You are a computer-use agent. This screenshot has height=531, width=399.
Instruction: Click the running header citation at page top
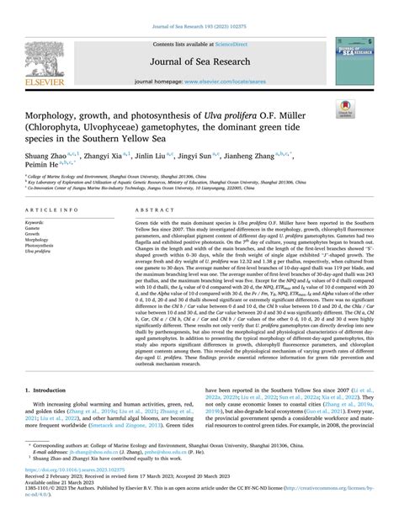coord(199,9)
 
